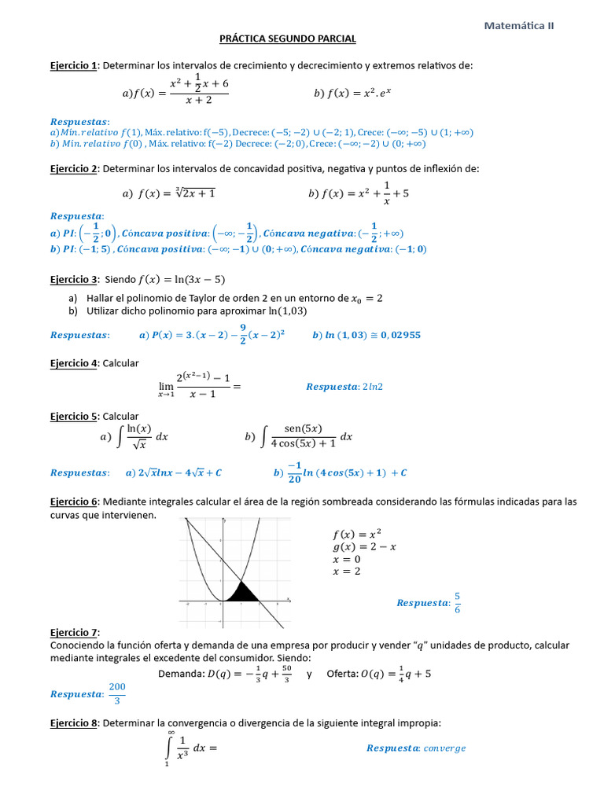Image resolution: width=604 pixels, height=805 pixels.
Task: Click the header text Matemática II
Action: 519,25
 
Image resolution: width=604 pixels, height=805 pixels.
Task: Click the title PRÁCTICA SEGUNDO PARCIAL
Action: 287,39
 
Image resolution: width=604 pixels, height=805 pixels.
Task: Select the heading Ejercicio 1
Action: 73,65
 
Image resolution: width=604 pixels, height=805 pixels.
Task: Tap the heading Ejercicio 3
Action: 73,279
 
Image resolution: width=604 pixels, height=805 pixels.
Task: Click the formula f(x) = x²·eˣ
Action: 356,93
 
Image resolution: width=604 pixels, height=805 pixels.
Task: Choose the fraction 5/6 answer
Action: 458,602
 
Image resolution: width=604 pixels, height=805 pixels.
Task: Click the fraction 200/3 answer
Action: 116,694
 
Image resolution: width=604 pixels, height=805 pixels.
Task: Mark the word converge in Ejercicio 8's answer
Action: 444,748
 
